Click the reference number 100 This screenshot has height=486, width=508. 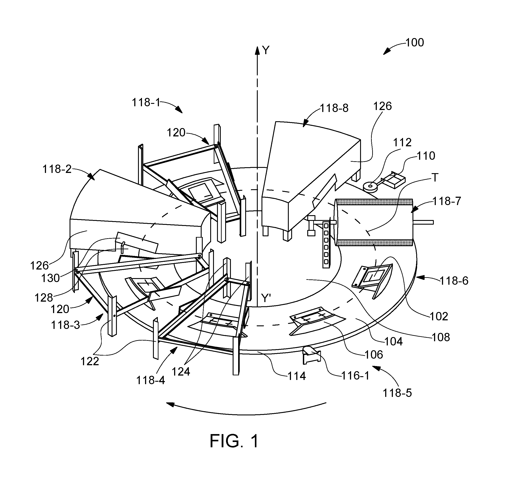coord(414,42)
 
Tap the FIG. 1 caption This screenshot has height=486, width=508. coord(234,441)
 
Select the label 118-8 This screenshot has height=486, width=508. coord(334,108)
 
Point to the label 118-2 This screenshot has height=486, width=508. coord(57,169)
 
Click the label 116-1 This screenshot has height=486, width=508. coord(355,376)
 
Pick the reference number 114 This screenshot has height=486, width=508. coord(297,376)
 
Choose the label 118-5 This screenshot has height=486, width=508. coord(397,393)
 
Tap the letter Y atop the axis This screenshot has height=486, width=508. coord(266,51)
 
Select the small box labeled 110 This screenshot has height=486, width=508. coord(394,180)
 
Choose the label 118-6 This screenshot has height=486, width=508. coord(454,281)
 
